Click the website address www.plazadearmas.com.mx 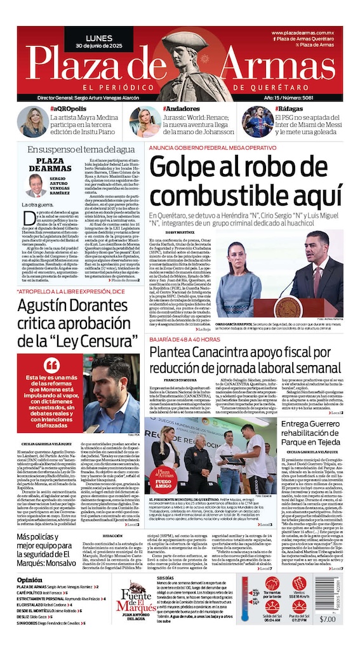click(306, 32)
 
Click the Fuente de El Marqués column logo click(134, 596)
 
